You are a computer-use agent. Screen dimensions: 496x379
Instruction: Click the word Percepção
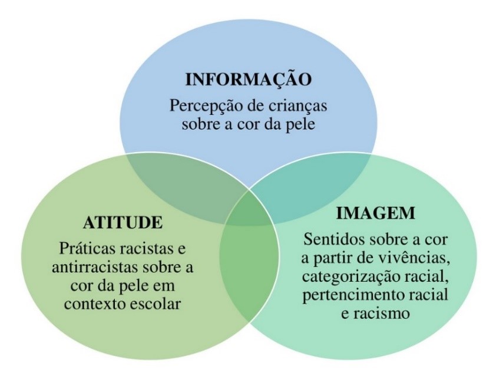point(204,108)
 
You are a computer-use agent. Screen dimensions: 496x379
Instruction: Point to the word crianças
point(297,108)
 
